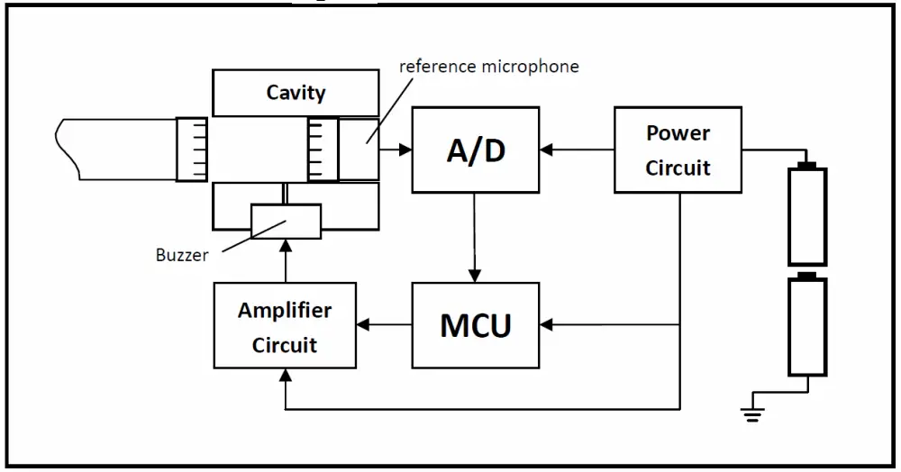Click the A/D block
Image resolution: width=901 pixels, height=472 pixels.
(x=475, y=150)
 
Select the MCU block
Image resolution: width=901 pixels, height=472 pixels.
(x=475, y=324)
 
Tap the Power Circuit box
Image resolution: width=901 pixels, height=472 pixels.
(x=678, y=150)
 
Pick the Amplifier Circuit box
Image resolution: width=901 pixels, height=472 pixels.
(x=284, y=326)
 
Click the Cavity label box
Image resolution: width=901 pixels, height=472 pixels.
(x=296, y=92)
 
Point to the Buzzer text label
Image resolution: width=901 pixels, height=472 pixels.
(x=182, y=255)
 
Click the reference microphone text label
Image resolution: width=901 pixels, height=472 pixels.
(x=489, y=66)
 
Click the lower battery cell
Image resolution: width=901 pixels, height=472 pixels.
(x=807, y=326)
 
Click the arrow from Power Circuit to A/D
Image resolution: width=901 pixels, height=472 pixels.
(x=577, y=150)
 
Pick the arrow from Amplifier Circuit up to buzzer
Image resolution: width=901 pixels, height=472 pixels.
(x=285, y=260)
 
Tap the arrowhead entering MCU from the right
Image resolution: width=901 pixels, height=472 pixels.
(x=547, y=324)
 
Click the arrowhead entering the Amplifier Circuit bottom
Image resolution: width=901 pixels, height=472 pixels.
(x=285, y=376)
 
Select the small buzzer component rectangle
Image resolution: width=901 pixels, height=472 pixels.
(x=285, y=221)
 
